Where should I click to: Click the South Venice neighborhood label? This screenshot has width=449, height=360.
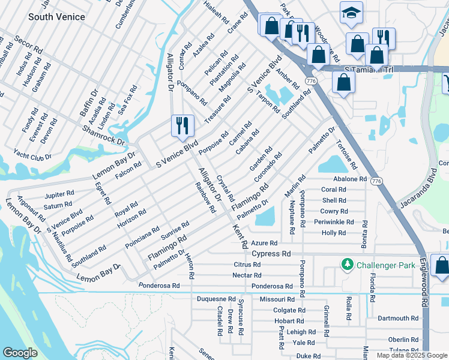56,17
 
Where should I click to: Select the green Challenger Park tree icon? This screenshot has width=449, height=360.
346,264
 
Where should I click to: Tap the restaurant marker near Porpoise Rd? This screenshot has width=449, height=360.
182,126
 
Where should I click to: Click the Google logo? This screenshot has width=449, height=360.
20,353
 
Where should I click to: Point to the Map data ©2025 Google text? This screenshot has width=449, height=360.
412,355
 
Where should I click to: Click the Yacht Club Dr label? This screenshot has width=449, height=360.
33,157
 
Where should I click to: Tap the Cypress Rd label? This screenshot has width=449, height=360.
271,254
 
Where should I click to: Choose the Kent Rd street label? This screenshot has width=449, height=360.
238,234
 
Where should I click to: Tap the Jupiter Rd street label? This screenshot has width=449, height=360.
59,194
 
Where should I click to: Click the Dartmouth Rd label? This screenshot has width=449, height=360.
398,319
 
